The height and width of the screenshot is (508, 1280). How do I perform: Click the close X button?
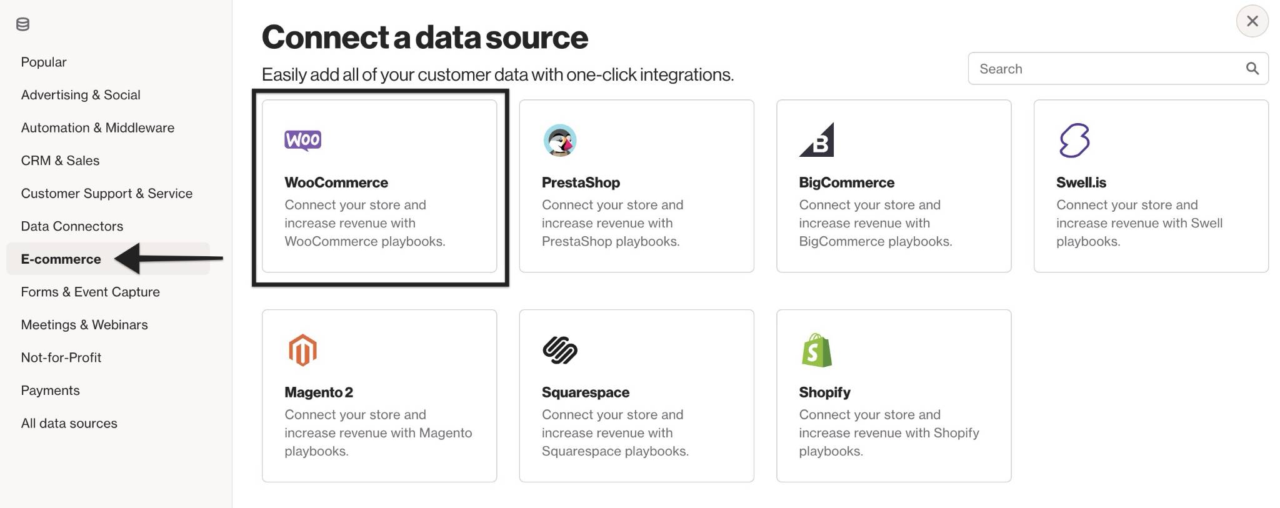tap(1252, 21)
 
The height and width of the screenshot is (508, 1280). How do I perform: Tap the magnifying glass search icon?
tap(1252, 68)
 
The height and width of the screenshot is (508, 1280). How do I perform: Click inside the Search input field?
tap(1106, 69)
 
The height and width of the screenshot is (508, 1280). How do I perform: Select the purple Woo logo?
tap(303, 141)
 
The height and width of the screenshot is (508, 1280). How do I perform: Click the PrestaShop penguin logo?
tap(560, 140)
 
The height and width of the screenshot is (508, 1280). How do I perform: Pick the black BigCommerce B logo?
tap(817, 140)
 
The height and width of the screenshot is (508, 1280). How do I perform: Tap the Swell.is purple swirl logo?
tap(1074, 140)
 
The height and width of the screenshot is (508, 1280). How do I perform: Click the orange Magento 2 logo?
tap(302, 350)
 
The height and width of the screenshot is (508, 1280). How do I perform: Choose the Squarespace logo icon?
tap(560, 350)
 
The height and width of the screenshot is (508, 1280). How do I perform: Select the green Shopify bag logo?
tap(816, 350)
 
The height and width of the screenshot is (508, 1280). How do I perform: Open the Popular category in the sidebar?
tap(44, 62)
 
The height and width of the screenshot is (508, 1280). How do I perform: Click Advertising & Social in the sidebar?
tap(81, 95)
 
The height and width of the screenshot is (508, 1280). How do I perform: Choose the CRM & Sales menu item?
tap(60, 161)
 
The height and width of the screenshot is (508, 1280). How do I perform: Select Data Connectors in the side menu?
tap(72, 226)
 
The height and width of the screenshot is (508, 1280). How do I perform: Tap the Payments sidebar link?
tap(50, 391)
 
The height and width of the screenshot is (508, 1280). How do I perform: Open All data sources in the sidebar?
tap(69, 423)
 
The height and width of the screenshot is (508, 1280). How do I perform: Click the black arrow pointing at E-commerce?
tap(169, 259)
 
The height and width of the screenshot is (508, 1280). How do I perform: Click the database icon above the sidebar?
tap(22, 24)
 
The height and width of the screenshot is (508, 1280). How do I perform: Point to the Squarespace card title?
tap(586, 392)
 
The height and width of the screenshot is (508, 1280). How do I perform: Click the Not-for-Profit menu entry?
tap(61, 357)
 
